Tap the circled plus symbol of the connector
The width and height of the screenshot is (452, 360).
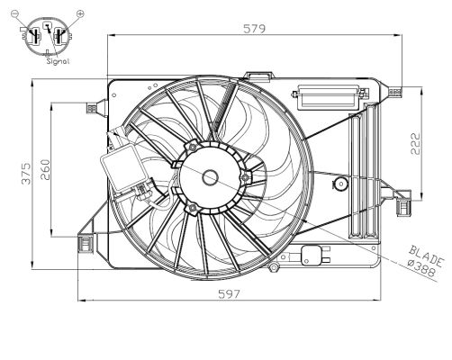(x=80, y=13)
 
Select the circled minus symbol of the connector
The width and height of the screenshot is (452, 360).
(x=15, y=13)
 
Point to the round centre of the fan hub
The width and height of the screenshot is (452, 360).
(x=211, y=177)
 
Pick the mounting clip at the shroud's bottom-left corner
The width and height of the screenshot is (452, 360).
(x=86, y=243)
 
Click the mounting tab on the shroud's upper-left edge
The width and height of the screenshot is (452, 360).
(x=91, y=108)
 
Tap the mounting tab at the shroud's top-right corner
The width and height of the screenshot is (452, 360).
(x=397, y=88)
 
